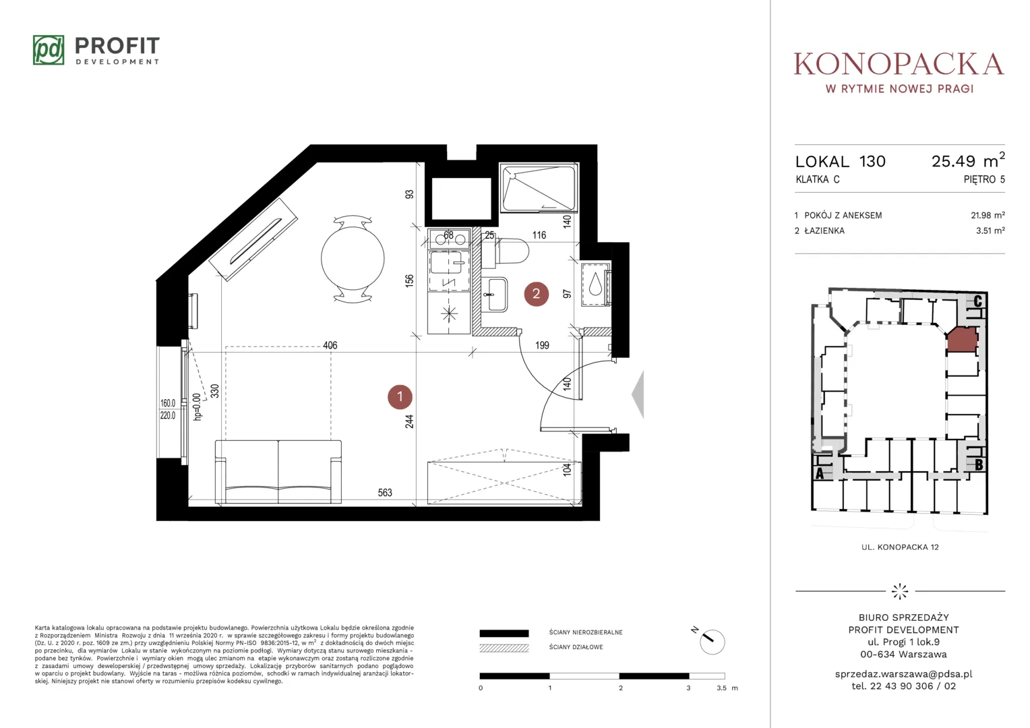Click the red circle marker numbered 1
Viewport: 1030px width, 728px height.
(x=400, y=397)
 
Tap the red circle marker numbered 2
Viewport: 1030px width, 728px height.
(x=536, y=294)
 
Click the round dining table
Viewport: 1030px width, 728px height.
(x=353, y=258)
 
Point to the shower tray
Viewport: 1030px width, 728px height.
(x=539, y=188)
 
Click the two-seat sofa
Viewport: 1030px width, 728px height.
(x=278, y=472)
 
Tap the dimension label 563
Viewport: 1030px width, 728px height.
(x=385, y=493)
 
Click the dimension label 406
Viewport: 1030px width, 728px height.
(x=330, y=345)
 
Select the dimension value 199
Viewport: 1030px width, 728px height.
(x=542, y=345)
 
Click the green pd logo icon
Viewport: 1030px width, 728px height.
(x=49, y=50)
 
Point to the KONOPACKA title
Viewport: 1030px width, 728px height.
(x=899, y=64)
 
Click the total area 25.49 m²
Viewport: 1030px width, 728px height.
(x=968, y=160)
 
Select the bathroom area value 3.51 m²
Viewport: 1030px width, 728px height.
(x=990, y=231)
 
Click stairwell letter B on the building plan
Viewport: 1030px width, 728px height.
(x=979, y=465)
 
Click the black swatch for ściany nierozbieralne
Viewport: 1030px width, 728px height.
(x=504, y=633)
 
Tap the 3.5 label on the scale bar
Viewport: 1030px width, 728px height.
(x=721, y=688)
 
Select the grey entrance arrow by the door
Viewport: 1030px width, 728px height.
(x=638, y=394)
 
